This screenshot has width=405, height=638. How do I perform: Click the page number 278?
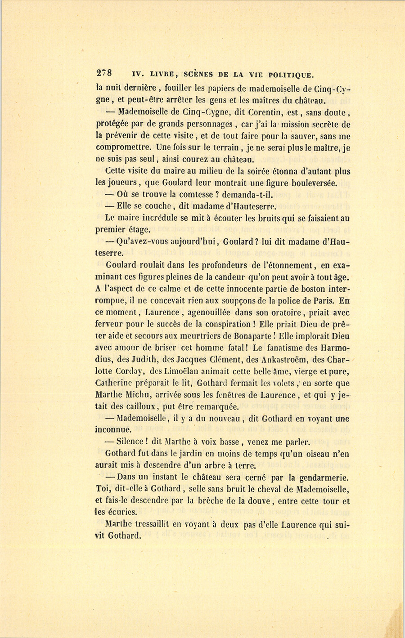[x=104, y=74]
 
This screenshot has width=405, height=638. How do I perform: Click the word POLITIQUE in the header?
[x=290, y=75]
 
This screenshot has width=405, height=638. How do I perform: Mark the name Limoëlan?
[x=180, y=371]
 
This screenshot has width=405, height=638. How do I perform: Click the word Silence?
[x=130, y=442]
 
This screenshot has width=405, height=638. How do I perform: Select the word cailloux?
[x=136, y=406]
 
